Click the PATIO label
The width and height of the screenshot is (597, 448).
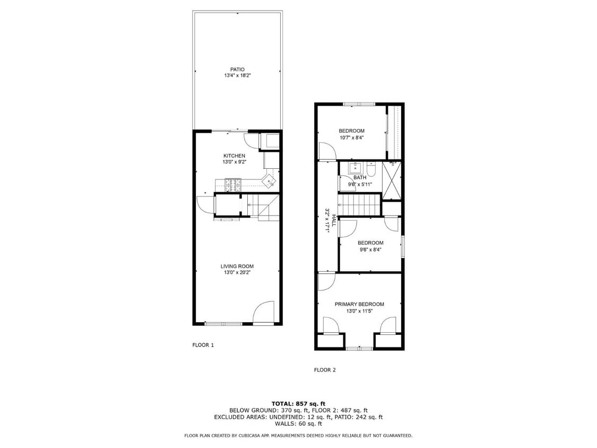(x=237, y=69)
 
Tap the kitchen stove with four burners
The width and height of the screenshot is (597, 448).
(x=232, y=185)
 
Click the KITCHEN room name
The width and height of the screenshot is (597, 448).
(x=234, y=156)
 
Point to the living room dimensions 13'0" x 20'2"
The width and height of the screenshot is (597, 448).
(x=237, y=273)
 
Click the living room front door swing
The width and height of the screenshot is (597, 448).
(x=264, y=313)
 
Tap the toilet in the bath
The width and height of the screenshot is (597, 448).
(x=372, y=170)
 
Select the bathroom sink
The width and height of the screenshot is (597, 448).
(x=356, y=169)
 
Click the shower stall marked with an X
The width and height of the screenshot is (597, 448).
(x=392, y=181)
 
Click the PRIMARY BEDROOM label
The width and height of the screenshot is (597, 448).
(x=359, y=304)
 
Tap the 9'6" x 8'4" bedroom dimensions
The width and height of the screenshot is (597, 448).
(x=370, y=249)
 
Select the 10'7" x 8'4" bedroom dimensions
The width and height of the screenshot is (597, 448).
(x=352, y=138)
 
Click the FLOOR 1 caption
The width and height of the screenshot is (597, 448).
(x=203, y=345)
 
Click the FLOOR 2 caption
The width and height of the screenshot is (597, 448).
(x=325, y=370)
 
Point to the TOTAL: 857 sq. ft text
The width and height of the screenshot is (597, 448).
(x=298, y=403)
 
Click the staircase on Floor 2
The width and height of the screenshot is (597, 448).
(x=360, y=205)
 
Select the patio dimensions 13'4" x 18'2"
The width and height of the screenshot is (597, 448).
(x=237, y=76)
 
